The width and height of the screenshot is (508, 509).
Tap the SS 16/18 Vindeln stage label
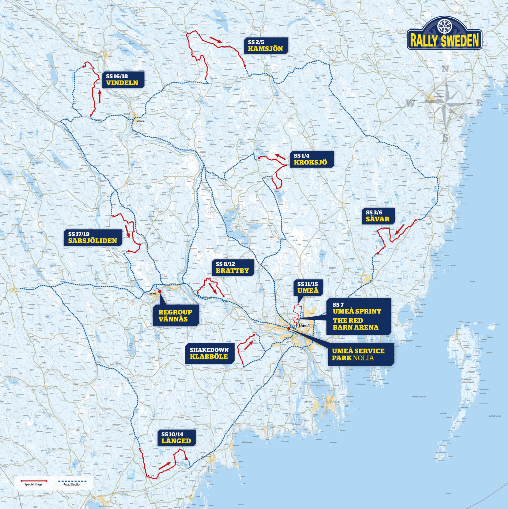122,79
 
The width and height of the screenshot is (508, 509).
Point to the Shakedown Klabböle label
209,353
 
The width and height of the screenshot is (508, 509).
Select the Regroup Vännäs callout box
176,315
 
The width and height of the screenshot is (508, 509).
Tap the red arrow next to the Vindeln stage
100,97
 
